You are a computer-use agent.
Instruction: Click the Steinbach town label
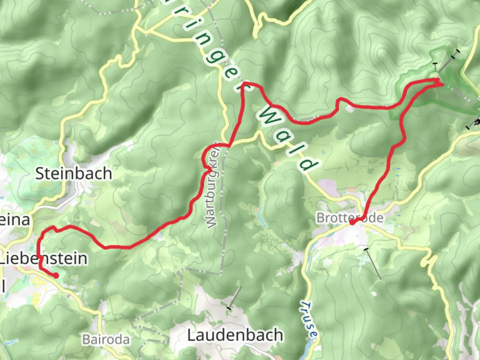pos(73,174)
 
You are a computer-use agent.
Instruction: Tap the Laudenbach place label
pos(235,335)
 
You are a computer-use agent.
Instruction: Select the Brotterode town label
pos(350,218)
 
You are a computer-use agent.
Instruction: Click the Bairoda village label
pos(106,339)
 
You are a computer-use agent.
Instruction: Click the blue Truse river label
pos(309,319)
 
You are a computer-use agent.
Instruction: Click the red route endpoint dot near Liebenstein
pos(56,275)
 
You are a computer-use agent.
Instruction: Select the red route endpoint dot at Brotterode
pos(352,222)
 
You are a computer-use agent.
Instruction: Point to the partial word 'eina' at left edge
pos(15,220)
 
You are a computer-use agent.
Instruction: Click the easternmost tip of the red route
pos(443,84)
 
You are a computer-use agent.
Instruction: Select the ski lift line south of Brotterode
pos(373,263)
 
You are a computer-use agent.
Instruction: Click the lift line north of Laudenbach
pos(235,298)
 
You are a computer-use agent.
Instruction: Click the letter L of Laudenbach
pos(191,335)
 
